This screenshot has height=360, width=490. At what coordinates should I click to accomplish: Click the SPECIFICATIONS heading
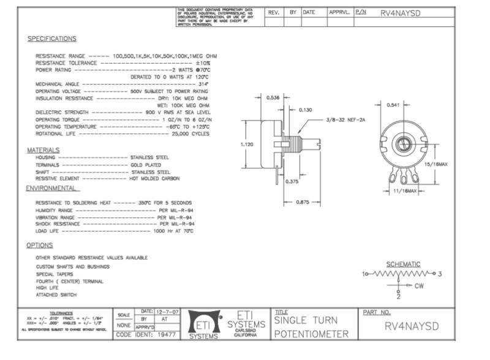click(52, 39)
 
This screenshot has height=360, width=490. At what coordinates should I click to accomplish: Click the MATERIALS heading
click(43, 150)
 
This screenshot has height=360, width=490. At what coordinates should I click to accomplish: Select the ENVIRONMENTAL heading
click(51, 189)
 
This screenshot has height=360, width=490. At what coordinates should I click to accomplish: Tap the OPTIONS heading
click(40, 245)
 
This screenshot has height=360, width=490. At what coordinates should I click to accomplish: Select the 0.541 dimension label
click(394, 105)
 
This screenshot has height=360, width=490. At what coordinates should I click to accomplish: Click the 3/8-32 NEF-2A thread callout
click(345, 120)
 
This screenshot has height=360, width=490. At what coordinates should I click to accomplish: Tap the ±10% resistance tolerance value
click(203, 63)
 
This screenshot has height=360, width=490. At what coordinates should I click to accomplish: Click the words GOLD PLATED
click(146, 165)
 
